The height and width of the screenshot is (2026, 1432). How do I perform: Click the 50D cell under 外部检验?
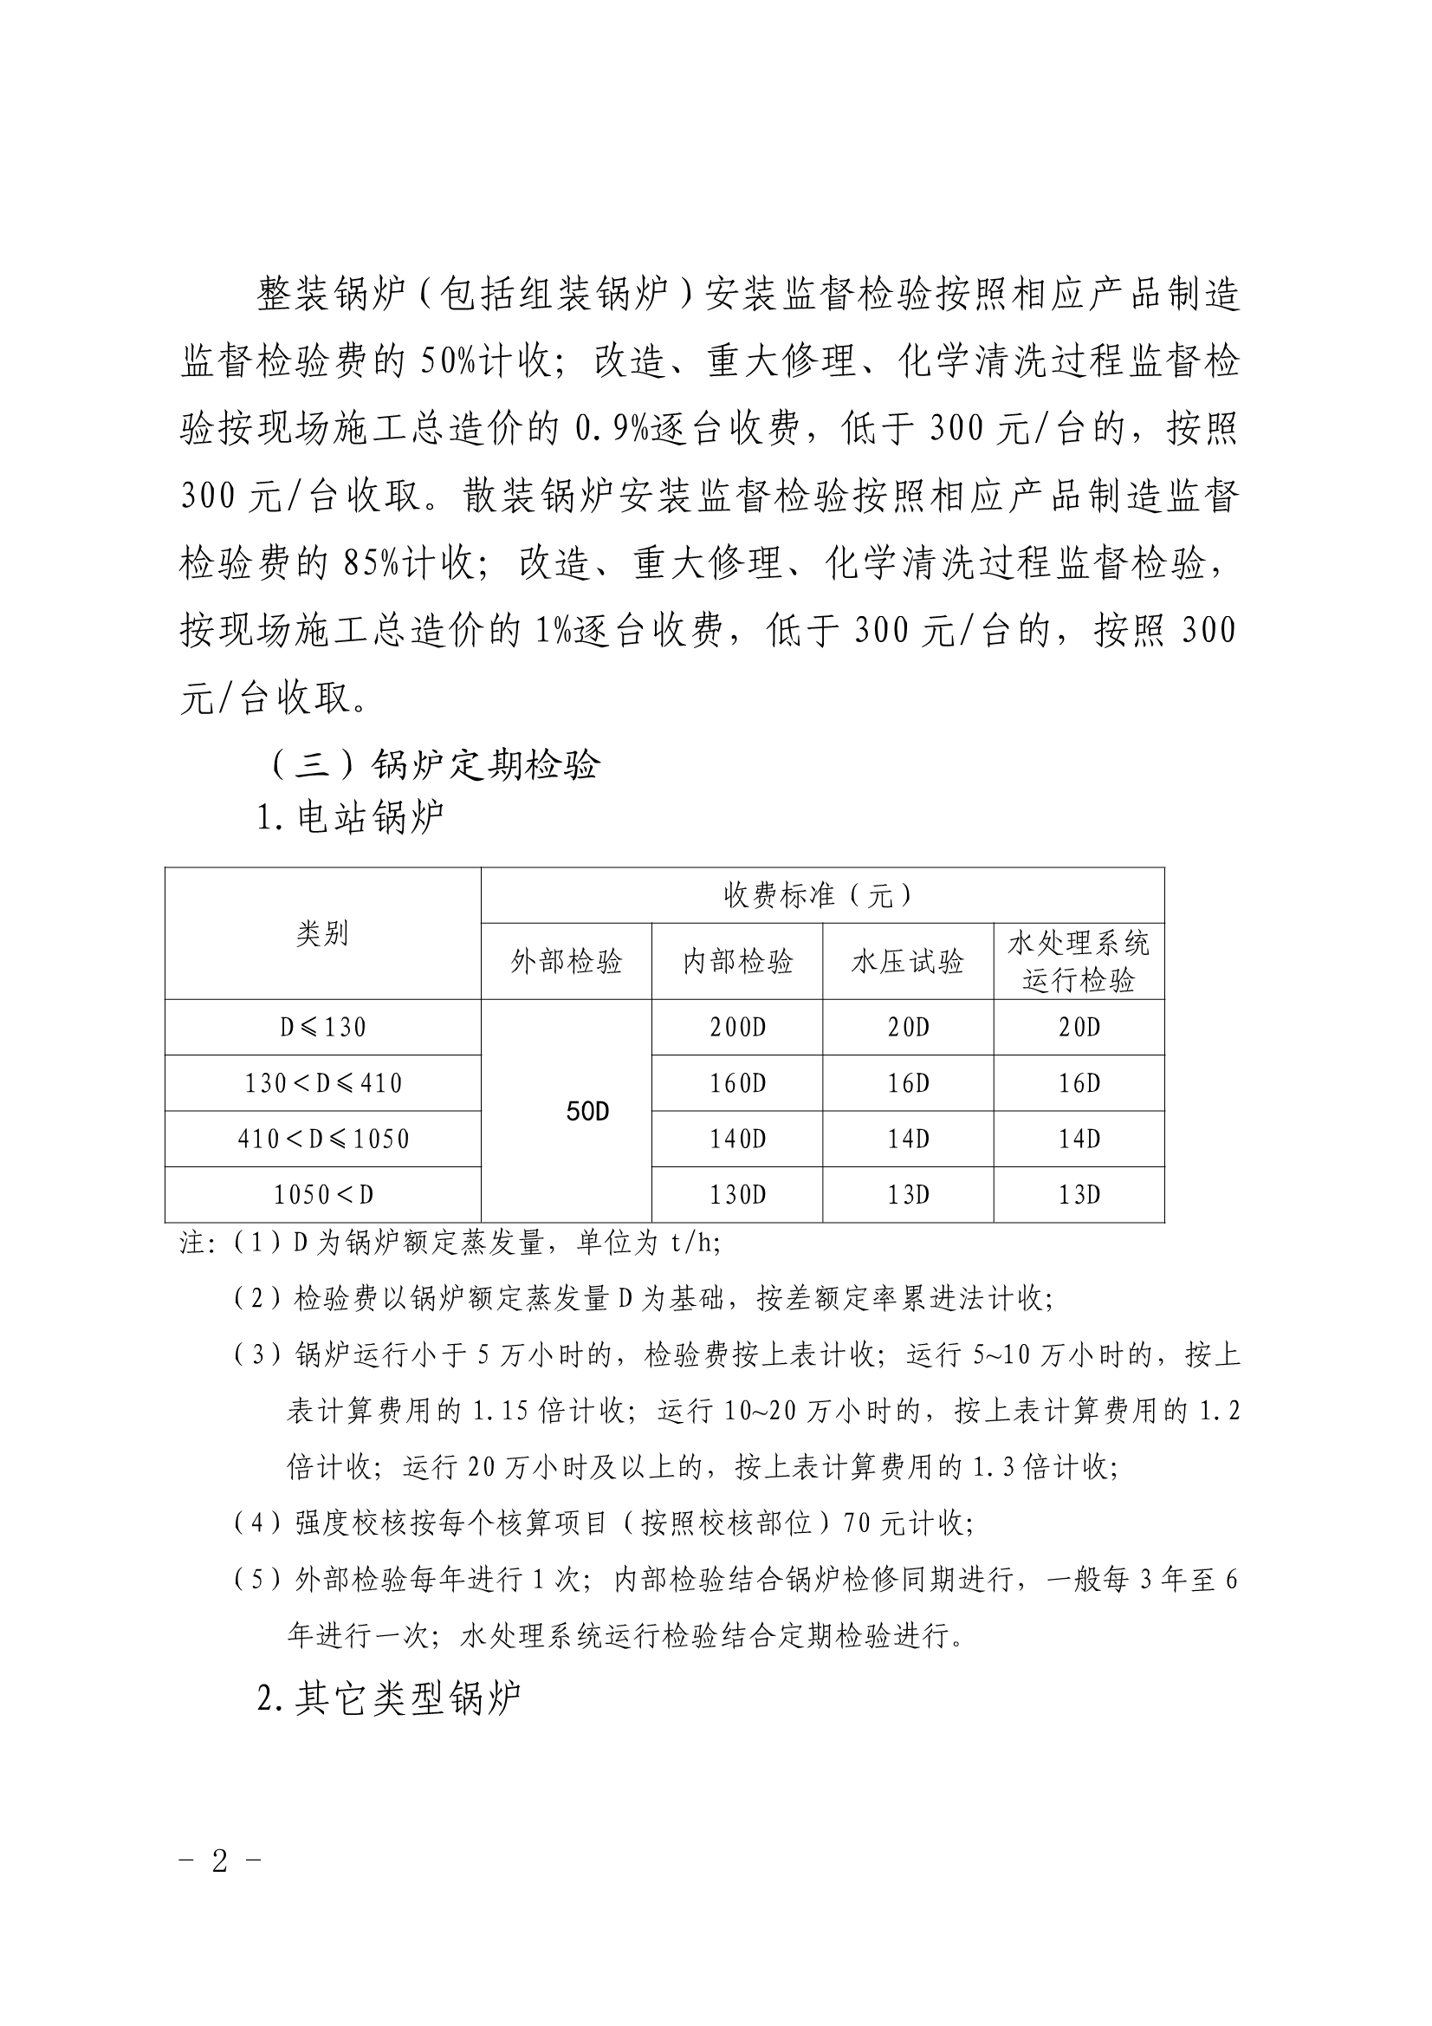coord(587,1112)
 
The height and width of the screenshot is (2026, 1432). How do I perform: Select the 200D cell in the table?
coord(737,1027)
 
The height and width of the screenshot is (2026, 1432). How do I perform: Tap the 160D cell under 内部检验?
coord(737,1083)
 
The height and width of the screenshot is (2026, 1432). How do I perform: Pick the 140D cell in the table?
coord(737,1140)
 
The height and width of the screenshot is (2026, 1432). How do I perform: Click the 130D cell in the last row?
coord(737,1195)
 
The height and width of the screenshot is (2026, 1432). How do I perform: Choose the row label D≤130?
coord(323,1027)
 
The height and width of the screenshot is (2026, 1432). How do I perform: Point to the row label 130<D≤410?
coord(323,1083)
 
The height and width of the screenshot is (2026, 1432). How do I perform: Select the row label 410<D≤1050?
coord(323,1140)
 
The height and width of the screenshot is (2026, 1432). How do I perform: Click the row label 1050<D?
coord(323,1195)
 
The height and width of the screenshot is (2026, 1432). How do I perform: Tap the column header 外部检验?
coord(567,962)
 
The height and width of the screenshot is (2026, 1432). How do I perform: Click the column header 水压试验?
coord(908,962)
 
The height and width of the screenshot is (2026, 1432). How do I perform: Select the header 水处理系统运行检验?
coord(1079,962)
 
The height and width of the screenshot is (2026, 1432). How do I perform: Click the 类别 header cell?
coord(323,933)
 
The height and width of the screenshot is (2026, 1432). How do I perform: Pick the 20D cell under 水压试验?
coord(908,1027)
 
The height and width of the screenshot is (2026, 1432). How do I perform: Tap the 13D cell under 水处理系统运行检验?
coord(1079,1195)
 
